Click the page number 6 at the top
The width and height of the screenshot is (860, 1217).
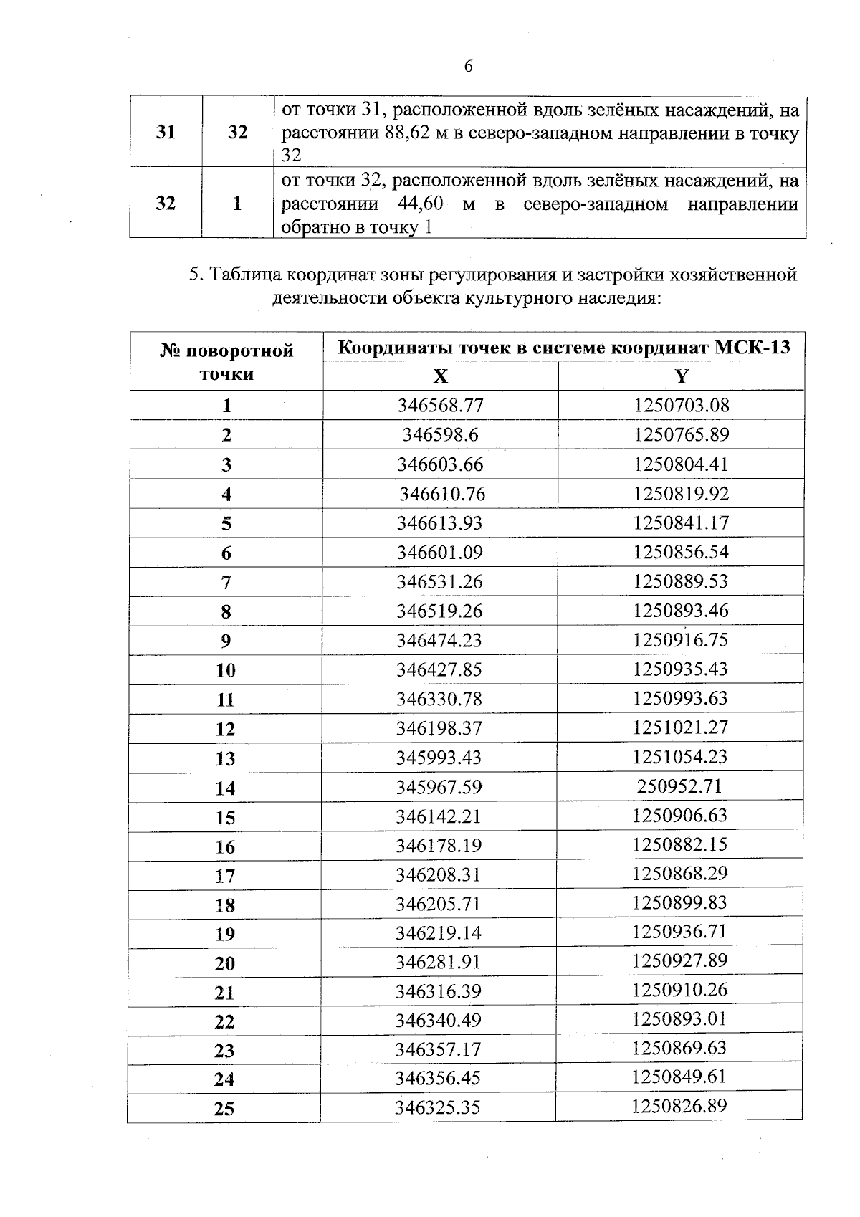[x=469, y=67]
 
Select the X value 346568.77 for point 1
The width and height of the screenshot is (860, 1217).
[x=440, y=406]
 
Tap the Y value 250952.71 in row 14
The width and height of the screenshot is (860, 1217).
[x=679, y=786]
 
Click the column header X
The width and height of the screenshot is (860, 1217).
[x=440, y=376]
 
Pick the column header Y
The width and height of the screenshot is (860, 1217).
[x=681, y=376]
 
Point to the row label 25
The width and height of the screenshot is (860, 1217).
[x=224, y=1109]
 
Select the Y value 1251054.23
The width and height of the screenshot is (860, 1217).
[x=680, y=757]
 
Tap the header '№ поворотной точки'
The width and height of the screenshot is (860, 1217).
[x=226, y=362]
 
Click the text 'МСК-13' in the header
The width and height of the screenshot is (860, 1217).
[x=752, y=348]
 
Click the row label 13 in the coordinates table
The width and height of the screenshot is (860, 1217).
[x=225, y=758]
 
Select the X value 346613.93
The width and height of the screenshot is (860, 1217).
[x=440, y=523]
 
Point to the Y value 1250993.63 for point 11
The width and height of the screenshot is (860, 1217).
[x=680, y=698]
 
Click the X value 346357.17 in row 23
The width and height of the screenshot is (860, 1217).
[x=438, y=1049]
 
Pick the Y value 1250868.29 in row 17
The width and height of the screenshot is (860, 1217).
[x=679, y=874]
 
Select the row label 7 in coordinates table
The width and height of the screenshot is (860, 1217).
[x=226, y=583]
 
